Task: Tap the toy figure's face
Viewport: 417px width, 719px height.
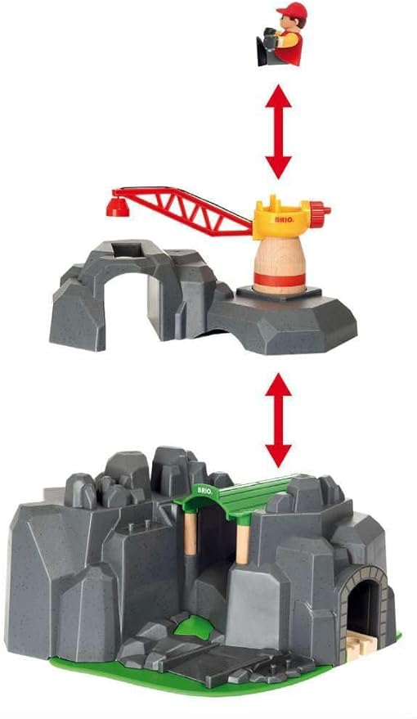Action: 289,24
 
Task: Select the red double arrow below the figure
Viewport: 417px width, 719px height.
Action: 279,133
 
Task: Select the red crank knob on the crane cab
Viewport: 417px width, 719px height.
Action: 325,212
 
